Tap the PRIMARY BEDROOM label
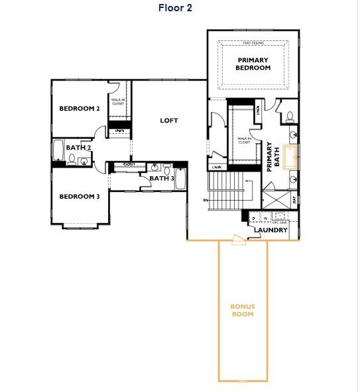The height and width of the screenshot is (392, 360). [x=254, y=64]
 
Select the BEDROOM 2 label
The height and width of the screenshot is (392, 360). [x=79, y=109]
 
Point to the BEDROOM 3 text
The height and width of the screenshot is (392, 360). [x=79, y=196]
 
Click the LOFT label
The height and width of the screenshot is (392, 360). [x=169, y=121]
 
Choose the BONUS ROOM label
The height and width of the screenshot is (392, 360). [x=242, y=310]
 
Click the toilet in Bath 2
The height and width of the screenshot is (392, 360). [x=72, y=158]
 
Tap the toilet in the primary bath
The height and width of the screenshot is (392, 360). [x=290, y=117]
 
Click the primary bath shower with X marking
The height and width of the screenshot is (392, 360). [x=276, y=199]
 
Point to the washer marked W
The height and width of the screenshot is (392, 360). [x=265, y=217]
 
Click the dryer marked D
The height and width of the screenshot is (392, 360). [x=254, y=217]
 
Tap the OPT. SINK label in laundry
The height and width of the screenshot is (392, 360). [x=280, y=222]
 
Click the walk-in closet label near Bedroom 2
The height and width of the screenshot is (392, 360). [x=118, y=101]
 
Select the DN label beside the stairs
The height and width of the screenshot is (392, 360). [x=206, y=199]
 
